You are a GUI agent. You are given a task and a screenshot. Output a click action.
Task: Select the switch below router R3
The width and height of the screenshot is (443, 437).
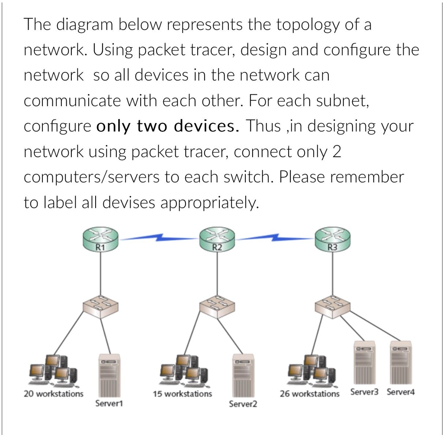[333, 307]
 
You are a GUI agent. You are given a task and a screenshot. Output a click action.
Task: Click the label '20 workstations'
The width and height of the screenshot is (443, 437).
[53, 394]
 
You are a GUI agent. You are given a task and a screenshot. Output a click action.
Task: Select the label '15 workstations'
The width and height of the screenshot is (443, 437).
[182, 394]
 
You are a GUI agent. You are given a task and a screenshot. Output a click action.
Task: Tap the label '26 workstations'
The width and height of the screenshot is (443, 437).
[310, 394]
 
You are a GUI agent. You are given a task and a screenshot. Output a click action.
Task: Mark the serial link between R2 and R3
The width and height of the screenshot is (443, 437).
[275, 238]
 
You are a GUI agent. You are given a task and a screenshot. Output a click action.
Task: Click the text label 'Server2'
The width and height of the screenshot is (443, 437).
[243, 404]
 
